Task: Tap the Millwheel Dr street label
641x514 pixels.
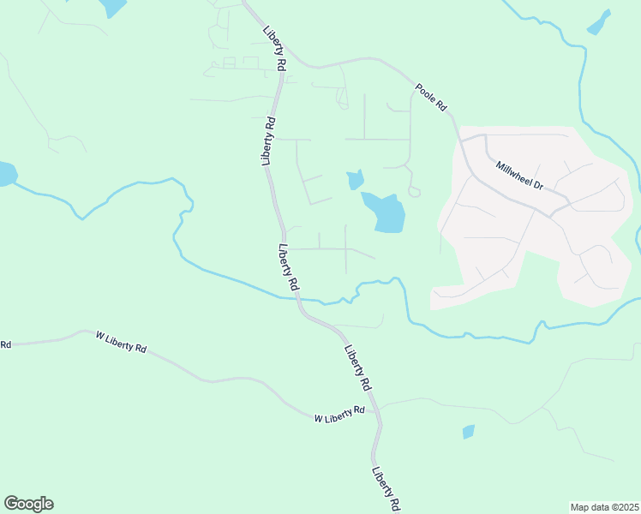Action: click(515, 172)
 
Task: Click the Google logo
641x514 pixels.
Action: click(28, 504)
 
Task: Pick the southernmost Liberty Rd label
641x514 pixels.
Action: click(387, 488)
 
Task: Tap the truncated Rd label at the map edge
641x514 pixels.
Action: click(5, 344)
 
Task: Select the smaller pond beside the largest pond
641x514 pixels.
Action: click(356, 180)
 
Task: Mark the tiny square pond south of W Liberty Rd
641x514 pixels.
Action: click(468, 432)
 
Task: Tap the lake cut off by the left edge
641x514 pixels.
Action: click(6, 173)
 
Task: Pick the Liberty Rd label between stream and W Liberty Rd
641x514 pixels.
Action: click(357, 368)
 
